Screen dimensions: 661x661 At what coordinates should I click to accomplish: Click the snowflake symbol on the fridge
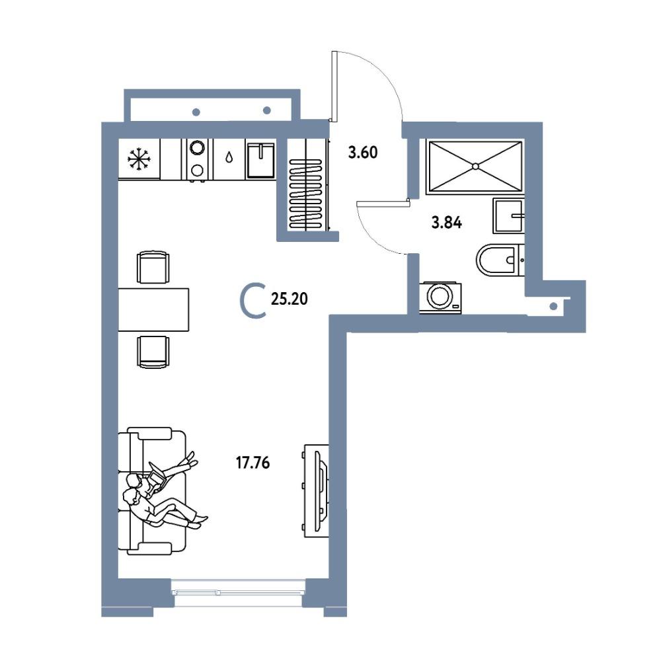(x=138, y=159)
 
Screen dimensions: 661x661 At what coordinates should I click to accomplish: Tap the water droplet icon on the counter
(x=229, y=158)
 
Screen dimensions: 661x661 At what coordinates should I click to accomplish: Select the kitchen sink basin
(x=260, y=160)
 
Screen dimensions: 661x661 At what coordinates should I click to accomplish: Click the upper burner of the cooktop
(x=197, y=147)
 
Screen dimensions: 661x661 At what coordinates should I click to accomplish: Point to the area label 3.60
(x=362, y=152)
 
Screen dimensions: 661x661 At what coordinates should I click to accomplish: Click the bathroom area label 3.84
(x=446, y=222)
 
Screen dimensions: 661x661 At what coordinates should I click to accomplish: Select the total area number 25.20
(x=290, y=299)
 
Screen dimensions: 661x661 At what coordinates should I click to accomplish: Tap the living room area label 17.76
(x=253, y=463)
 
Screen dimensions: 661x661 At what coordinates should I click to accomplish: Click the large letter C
(x=253, y=301)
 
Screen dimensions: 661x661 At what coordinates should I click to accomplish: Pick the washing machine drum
(x=440, y=295)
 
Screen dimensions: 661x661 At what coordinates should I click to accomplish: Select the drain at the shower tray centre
(x=475, y=166)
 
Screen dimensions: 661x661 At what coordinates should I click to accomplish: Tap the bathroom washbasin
(x=508, y=216)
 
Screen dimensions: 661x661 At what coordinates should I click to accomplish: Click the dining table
(x=153, y=309)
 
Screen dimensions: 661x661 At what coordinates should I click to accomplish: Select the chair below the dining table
(x=153, y=352)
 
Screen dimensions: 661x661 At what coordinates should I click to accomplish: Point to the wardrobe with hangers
(x=307, y=184)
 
